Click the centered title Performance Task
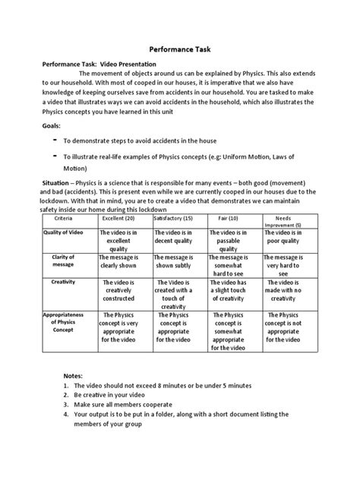(x=181, y=46)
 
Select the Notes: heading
(x=76, y=376)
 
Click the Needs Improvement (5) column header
(x=288, y=221)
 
